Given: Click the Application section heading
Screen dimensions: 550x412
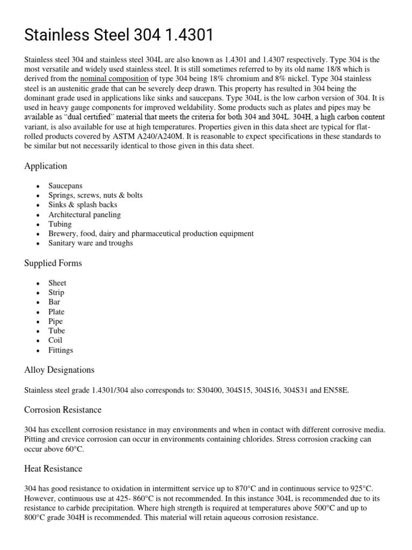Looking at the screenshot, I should tap(46, 166).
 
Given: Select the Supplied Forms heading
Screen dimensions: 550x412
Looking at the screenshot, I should tap(53, 263).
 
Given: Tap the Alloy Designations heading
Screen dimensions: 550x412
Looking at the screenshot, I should tap(59, 370).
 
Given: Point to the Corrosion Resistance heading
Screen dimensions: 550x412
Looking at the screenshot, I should tap(63, 410).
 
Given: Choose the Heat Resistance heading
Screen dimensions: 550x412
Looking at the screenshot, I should tap(53, 469).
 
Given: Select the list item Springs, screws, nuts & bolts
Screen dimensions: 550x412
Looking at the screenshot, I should tap(95, 195).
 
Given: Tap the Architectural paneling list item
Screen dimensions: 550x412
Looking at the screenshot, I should tap(84, 214).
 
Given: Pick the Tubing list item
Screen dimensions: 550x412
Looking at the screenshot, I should tap(60, 224).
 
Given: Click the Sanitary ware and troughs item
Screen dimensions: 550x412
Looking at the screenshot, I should tap(91, 243).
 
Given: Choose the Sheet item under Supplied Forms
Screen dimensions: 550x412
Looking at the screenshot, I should tap(57, 283).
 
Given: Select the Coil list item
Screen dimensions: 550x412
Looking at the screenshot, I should tap(55, 341).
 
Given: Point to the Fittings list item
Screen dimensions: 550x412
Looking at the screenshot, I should tap(61, 350).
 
